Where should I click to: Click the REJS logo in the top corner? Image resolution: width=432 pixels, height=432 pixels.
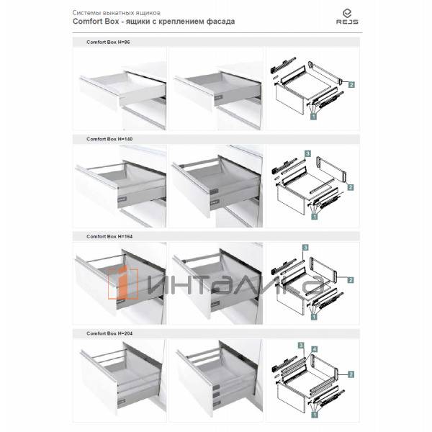(347, 16)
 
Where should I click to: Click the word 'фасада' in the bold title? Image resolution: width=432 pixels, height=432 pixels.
(220, 22)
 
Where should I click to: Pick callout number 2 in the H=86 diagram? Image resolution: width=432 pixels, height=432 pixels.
(351, 85)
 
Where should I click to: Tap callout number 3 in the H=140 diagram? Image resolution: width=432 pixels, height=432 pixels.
(307, 153)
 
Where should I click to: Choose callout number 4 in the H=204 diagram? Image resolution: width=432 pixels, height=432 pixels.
(315, 349)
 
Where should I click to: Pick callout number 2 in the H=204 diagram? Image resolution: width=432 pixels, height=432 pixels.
(351, 374)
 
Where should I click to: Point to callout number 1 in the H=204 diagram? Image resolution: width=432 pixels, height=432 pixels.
(315, 415)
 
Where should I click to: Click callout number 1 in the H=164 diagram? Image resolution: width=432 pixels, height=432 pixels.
(315, 315)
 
